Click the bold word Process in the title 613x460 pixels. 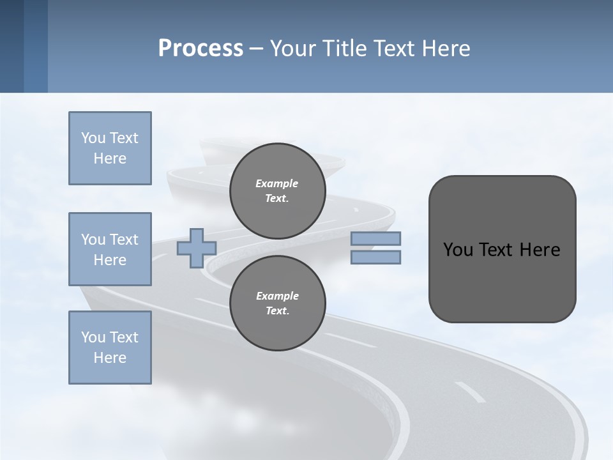coord(201,49)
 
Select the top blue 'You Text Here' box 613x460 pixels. coord(110,148)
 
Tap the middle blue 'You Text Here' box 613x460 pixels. coord(110,249)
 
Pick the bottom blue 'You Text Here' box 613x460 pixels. coord(110,348)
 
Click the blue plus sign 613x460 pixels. coord(196,249)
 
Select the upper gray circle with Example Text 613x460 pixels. coord(277,190)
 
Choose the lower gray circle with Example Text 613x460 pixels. coord(277,303)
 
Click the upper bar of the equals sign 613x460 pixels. coord(375,239)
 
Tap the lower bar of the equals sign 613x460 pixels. coord(375,257)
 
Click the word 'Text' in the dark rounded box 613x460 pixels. coord(497,250)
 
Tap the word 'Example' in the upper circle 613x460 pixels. coord(276,183)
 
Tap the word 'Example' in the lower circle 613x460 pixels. coord(277,296)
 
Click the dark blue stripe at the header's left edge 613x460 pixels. coord(11,46)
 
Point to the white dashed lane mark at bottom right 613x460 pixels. coord(470,392)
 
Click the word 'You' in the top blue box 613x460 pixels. coord(93,138)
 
